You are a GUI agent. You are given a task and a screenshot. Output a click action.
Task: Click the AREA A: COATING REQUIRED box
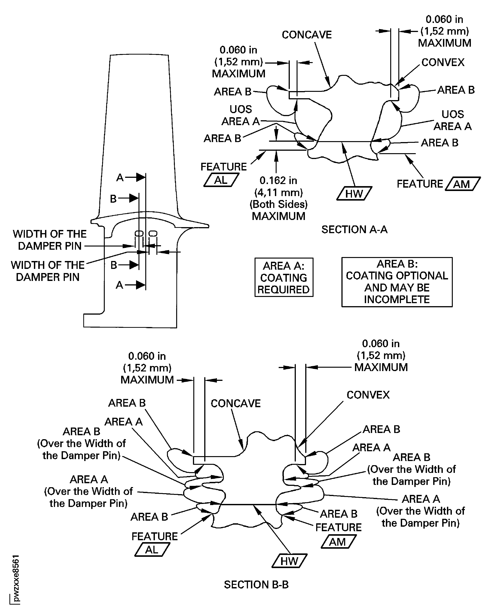coord(284,277)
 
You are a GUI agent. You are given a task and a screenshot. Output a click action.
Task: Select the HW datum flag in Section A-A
coord(354,194)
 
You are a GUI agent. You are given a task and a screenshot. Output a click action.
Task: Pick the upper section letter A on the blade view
coord(120,178)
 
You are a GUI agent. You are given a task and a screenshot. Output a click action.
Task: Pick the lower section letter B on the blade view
coord(114,265)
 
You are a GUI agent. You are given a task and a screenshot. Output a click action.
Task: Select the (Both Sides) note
coord(278,204)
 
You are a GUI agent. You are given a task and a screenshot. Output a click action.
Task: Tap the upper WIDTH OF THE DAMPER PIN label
coord(49,240)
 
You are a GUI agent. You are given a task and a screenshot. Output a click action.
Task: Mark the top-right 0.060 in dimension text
coord(444,20)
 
